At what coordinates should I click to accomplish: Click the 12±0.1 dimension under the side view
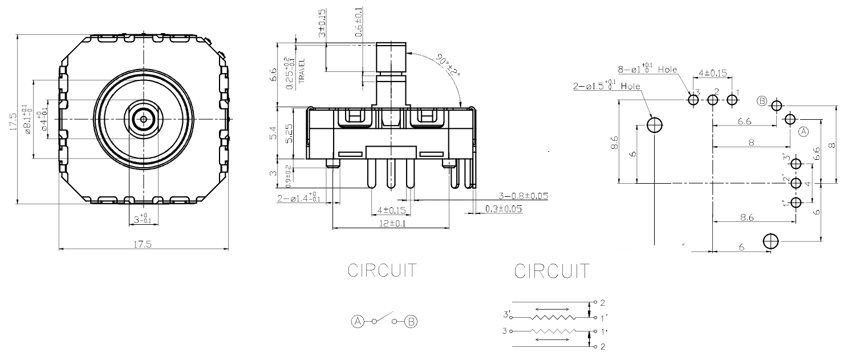coord(390,224)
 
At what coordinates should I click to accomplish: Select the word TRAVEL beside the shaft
coord(302,70)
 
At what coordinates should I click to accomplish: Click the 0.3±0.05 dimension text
coord(504,209)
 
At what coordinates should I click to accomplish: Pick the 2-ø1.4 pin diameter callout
coord(298,198)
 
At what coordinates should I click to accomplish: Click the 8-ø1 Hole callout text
coord(647,70)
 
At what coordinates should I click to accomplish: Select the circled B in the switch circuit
coord(411,321)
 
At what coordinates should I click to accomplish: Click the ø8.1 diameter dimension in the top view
coord(25,119)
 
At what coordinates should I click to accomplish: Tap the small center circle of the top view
coord(143,119)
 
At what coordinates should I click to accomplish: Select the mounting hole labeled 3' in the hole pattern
coord(797,164)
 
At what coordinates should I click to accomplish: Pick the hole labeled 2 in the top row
coord(712,100)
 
